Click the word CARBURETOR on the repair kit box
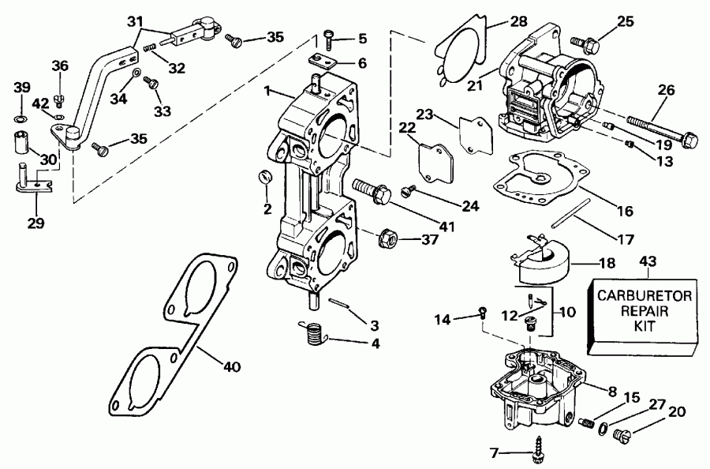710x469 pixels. pos(644,296)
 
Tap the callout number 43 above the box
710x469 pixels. pos(647,261)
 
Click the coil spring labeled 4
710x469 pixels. pos(313,334)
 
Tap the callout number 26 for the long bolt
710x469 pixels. pos(667,92)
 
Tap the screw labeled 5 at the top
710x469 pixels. pos(329,36)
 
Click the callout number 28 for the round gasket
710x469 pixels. pos(495,21)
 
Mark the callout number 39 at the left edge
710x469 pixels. pos(21,87)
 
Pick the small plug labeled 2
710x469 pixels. pos(265,175)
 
